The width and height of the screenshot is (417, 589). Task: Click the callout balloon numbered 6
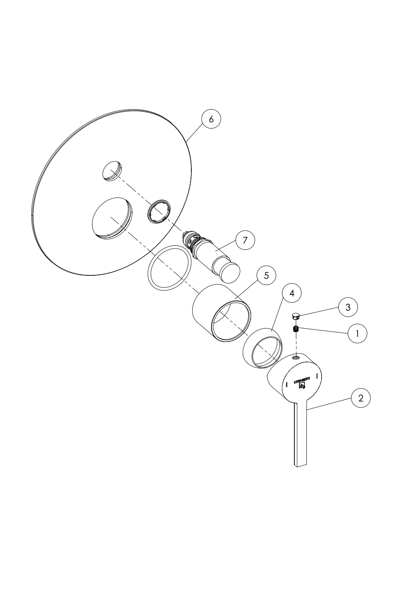pyautogui.click(x=211, y=119)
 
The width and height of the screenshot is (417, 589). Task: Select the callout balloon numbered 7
pyautogui.click(x=245, y=240)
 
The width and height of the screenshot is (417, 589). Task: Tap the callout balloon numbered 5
pyautogui.click(x=266, y=276)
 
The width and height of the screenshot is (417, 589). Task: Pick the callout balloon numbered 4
pyautogui.click(x=291, y=293)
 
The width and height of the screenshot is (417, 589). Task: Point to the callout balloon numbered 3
pyautogui.click(x=348, y=307)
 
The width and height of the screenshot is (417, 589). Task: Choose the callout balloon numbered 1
pyautogui.click(x=357, y=333)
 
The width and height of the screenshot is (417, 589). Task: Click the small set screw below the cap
pyautogui.click(x=296, y=329)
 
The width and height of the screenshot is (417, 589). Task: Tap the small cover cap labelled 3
pyautogui.click(x=296, y=316)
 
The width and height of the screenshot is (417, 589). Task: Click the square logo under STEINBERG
pyautogui.click(x=302, y=386)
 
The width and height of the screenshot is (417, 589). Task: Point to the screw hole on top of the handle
pyautogui.click(x=296, y=357)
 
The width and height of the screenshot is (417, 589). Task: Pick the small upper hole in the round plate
pyautogui.click(x=113, y=171)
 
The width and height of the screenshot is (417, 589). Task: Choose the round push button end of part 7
pyautogui.click(x=230, y=273)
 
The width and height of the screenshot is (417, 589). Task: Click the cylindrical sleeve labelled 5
pyautogui.click(x=222, y=313)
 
